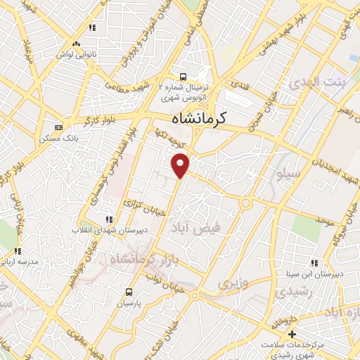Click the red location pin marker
[181, 165]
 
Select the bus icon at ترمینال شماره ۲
[183, 76]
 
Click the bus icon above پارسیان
[129, 291]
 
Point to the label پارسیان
[129, 304]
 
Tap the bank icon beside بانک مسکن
[58, 127]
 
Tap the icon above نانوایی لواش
[91, 28]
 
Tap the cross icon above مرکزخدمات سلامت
[294, 333]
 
